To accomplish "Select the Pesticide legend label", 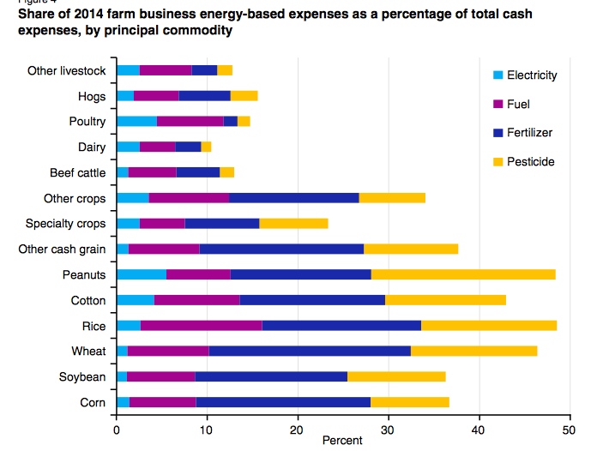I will click(532, 161).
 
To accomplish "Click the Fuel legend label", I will click(519, 104).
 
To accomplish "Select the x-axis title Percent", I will click(342, 440).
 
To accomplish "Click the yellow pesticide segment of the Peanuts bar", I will click(463, 274).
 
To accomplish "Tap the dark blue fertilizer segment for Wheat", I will click(310, 352).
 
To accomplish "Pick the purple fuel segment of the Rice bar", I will click(201, 326).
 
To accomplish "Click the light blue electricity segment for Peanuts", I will click(141, 274).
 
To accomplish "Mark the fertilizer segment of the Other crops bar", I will click(294, 198).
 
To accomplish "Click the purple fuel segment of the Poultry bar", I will click(190, 121).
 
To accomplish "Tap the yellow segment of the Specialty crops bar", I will click(293, 224).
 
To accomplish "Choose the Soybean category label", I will click(83, 377).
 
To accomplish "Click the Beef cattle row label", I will click(77, 172).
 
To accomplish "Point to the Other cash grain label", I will click(62, 250).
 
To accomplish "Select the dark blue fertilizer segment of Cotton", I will click(312, 300).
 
